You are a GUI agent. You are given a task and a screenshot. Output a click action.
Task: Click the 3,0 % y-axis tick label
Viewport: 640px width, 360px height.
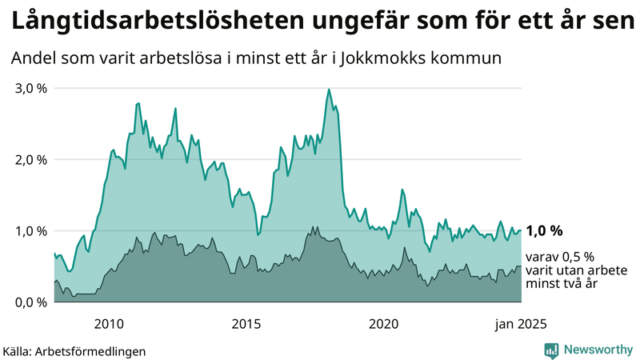(30, 88)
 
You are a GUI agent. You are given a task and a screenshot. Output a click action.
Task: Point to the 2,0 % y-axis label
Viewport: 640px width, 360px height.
(30, 159)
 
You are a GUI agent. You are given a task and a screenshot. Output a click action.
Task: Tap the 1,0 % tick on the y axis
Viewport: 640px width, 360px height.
(30, 231)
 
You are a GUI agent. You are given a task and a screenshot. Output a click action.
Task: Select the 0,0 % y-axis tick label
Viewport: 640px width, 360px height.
(30, 302)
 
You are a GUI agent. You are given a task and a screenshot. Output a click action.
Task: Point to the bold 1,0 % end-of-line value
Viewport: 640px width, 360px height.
(545, 230)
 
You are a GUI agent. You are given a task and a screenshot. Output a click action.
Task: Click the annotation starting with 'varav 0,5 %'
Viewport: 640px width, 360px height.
(560, 270)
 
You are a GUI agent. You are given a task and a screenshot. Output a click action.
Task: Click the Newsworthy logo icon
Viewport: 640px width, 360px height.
(551, 350)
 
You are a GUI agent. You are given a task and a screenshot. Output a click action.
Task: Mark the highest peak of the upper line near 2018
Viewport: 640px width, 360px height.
(329, 90)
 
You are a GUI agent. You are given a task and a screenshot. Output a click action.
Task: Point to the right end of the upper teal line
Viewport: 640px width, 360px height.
(521, 230)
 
